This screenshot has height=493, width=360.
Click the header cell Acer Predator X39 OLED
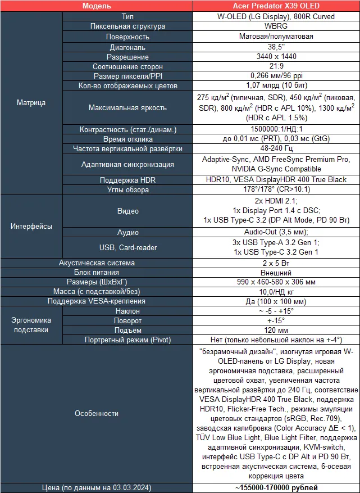click(276, 6)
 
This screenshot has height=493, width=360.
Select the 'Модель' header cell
click(96, 6)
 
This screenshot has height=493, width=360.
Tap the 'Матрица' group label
click(31, 103)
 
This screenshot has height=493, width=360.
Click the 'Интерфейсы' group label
click(31, 227)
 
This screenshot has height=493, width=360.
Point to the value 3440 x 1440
click(276, 57)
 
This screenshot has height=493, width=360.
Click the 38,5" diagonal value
click(276, 47)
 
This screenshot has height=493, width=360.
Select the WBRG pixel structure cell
click(276, 26)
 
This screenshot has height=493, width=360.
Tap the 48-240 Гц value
click(276, 149)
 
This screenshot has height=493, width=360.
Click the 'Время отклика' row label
click(127, 139)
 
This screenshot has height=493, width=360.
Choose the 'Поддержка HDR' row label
click(127, 180)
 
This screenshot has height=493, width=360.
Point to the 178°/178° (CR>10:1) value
click(276, 190)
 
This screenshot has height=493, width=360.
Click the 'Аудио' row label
click(127, 232)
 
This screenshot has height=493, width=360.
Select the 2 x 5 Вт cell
click(276, 263)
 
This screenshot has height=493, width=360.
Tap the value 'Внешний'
click(276, 273)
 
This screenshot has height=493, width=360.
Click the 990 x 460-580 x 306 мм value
click(276, 283)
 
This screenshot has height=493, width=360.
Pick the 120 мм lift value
click(276, 331)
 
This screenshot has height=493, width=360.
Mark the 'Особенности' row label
click(96, 413)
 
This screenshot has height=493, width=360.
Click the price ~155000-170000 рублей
click(276, 487)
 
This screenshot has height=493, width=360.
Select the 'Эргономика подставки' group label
click(31, 325)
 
